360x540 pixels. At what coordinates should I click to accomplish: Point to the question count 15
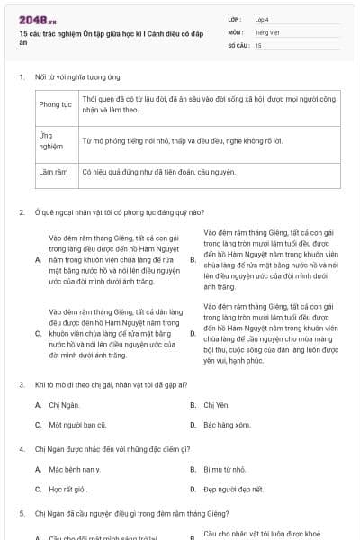pos(258,44)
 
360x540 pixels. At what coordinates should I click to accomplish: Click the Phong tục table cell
pos(56,104)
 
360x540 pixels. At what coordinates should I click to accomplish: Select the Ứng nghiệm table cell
pos(56,141)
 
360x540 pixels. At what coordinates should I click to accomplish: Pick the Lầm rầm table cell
pos(55,170)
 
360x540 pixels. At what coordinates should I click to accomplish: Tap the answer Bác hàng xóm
pos(226,424)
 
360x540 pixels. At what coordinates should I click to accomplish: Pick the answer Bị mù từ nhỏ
pos(224,469)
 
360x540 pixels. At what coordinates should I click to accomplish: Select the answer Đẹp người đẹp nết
pos(233,489)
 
